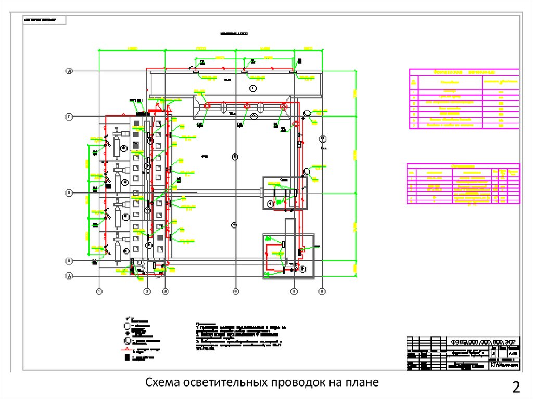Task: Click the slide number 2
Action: (516, 387)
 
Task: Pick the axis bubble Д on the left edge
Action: (68, 71)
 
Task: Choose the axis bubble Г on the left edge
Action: (68, 117)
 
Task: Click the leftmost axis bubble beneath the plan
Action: (99, 292)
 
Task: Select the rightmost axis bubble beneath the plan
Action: (322, 292)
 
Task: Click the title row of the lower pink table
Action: (463, 166)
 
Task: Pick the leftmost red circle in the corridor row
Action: (207, 106)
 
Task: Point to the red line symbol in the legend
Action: (127, 350)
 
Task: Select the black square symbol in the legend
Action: (125, 358)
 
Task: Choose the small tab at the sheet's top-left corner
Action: (44, 20)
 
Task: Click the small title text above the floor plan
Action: (234, 33)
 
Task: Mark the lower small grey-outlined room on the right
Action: (288, 256)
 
